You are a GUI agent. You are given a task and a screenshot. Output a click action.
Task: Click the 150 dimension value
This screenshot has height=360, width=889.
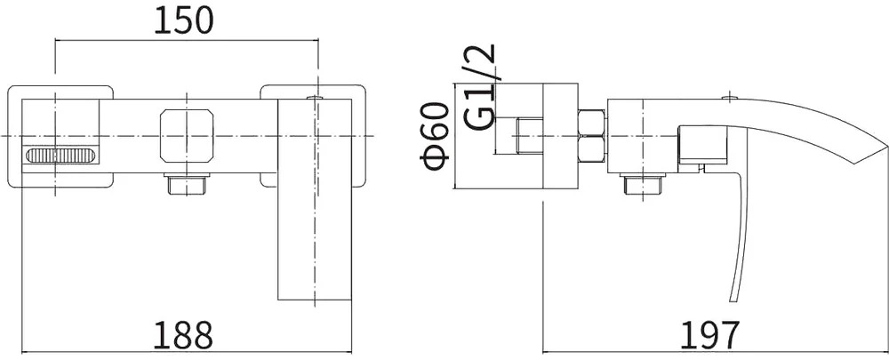(x=185, y=21)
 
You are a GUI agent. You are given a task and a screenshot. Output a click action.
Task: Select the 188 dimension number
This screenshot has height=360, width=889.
(x=185, y=336)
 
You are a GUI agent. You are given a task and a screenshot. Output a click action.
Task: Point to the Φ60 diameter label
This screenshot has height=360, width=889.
(x=435, y=137)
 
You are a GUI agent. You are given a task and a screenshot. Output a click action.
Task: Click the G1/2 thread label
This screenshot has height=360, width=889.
(x=480, y=87)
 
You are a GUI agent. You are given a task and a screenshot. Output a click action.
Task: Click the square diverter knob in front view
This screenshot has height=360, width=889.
(x=188, y=135)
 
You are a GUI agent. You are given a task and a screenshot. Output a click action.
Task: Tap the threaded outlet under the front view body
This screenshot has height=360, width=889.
(x=187, y=184)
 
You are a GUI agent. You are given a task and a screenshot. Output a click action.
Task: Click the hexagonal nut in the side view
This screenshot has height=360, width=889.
(x=592, y=136)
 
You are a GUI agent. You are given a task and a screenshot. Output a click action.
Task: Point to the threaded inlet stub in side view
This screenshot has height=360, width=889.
(x=530, y=136)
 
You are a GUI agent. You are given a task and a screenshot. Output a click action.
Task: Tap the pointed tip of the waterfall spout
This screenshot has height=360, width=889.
(x=885, y=147)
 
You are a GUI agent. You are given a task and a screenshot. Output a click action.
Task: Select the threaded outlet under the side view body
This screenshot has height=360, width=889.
(x=644, y=184)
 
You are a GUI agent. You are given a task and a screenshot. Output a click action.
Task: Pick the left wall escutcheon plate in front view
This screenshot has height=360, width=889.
(x=60, y=135)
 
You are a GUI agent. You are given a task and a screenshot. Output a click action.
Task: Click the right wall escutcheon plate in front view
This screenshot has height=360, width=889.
(x=313, y=135)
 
